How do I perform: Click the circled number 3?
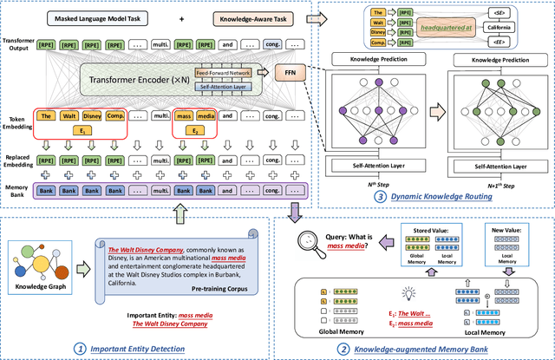click(384, 199)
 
